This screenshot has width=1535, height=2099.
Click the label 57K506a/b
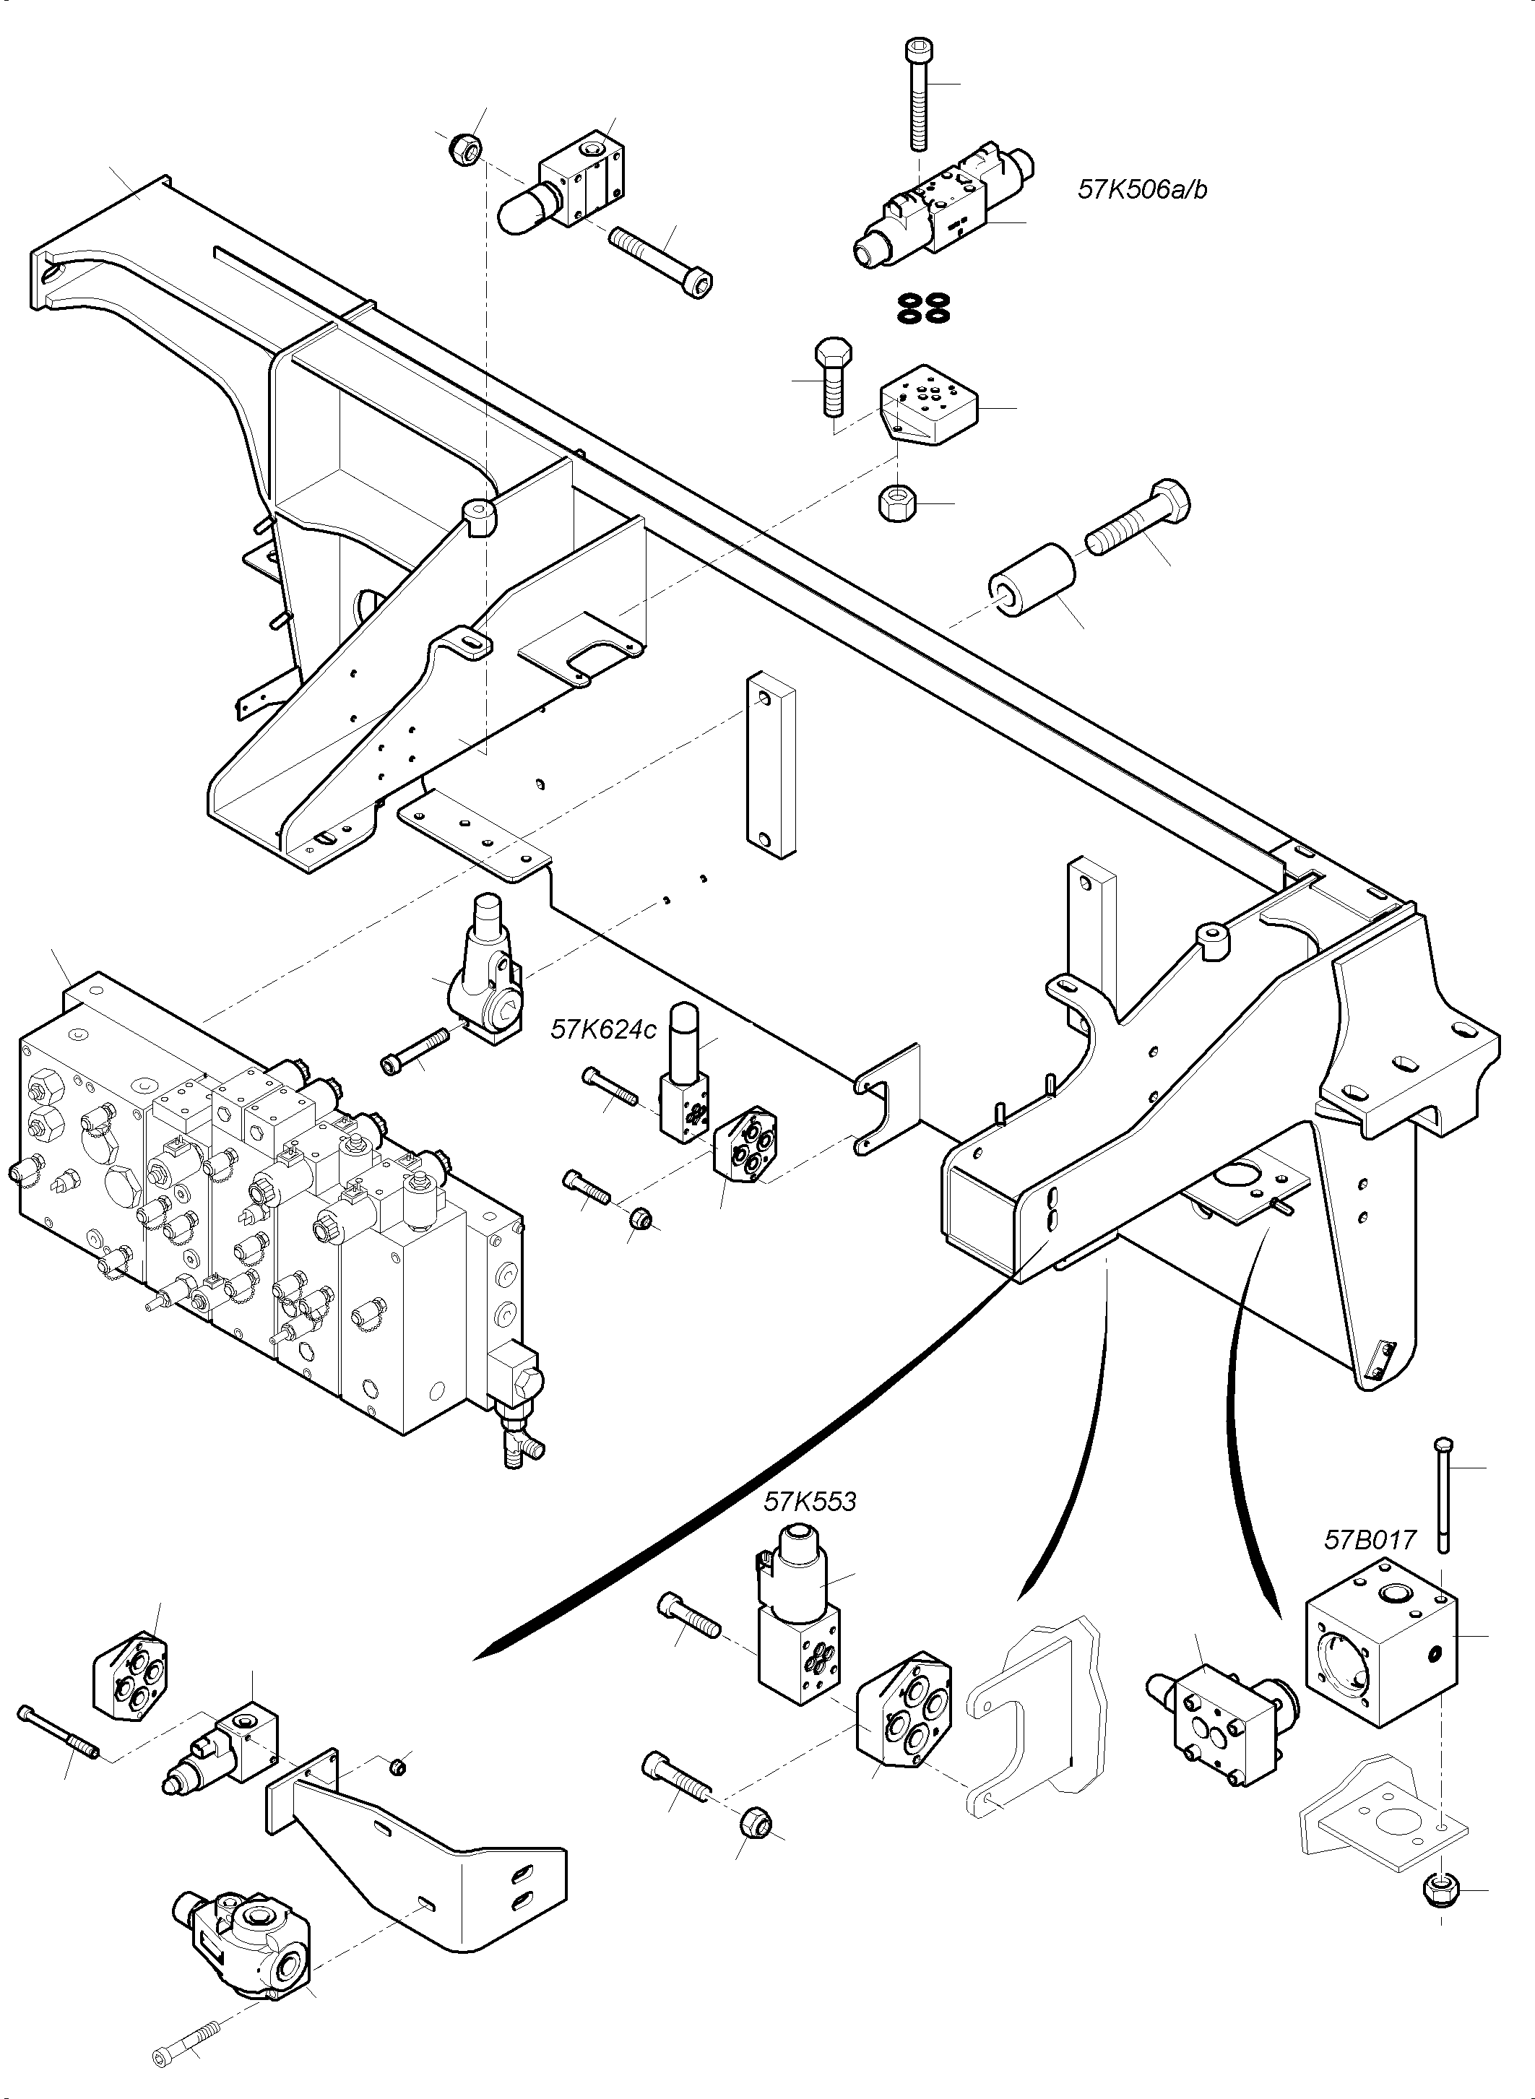point(1142,189)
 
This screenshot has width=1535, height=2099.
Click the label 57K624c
point(603,1029)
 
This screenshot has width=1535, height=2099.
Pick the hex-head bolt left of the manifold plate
point(831,376)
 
